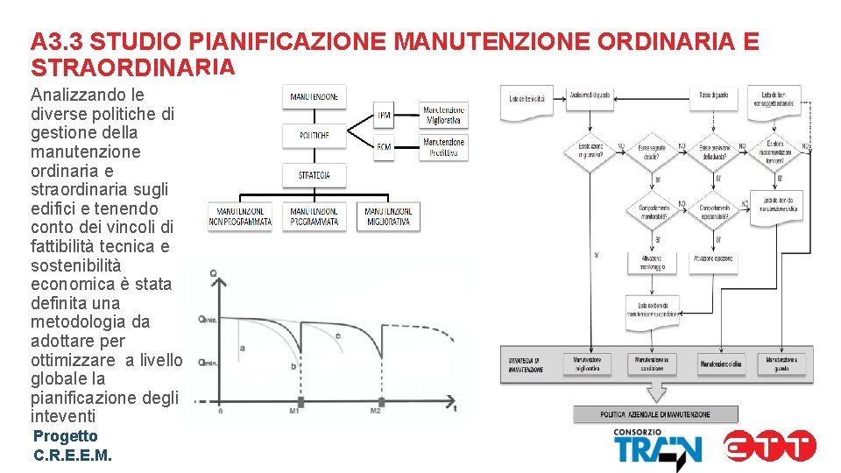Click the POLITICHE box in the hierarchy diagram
(x=314, y=136)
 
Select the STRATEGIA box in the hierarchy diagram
(x=314, y=175)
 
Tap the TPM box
(x=385, y=115)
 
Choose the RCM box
(x=385, y=146)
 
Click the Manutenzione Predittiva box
(x=443, y=146)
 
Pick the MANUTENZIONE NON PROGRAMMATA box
(x=240, y=216)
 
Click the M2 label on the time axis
(x=375, y=410)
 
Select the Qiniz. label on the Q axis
(x=208, y=319)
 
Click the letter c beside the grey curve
(x=338, y=335)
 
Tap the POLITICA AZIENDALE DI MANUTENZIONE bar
(x=655, y=414)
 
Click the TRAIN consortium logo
(x=657, y=448)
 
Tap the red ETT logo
(x=770, y=446)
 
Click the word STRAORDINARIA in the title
(x=132, y=67)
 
